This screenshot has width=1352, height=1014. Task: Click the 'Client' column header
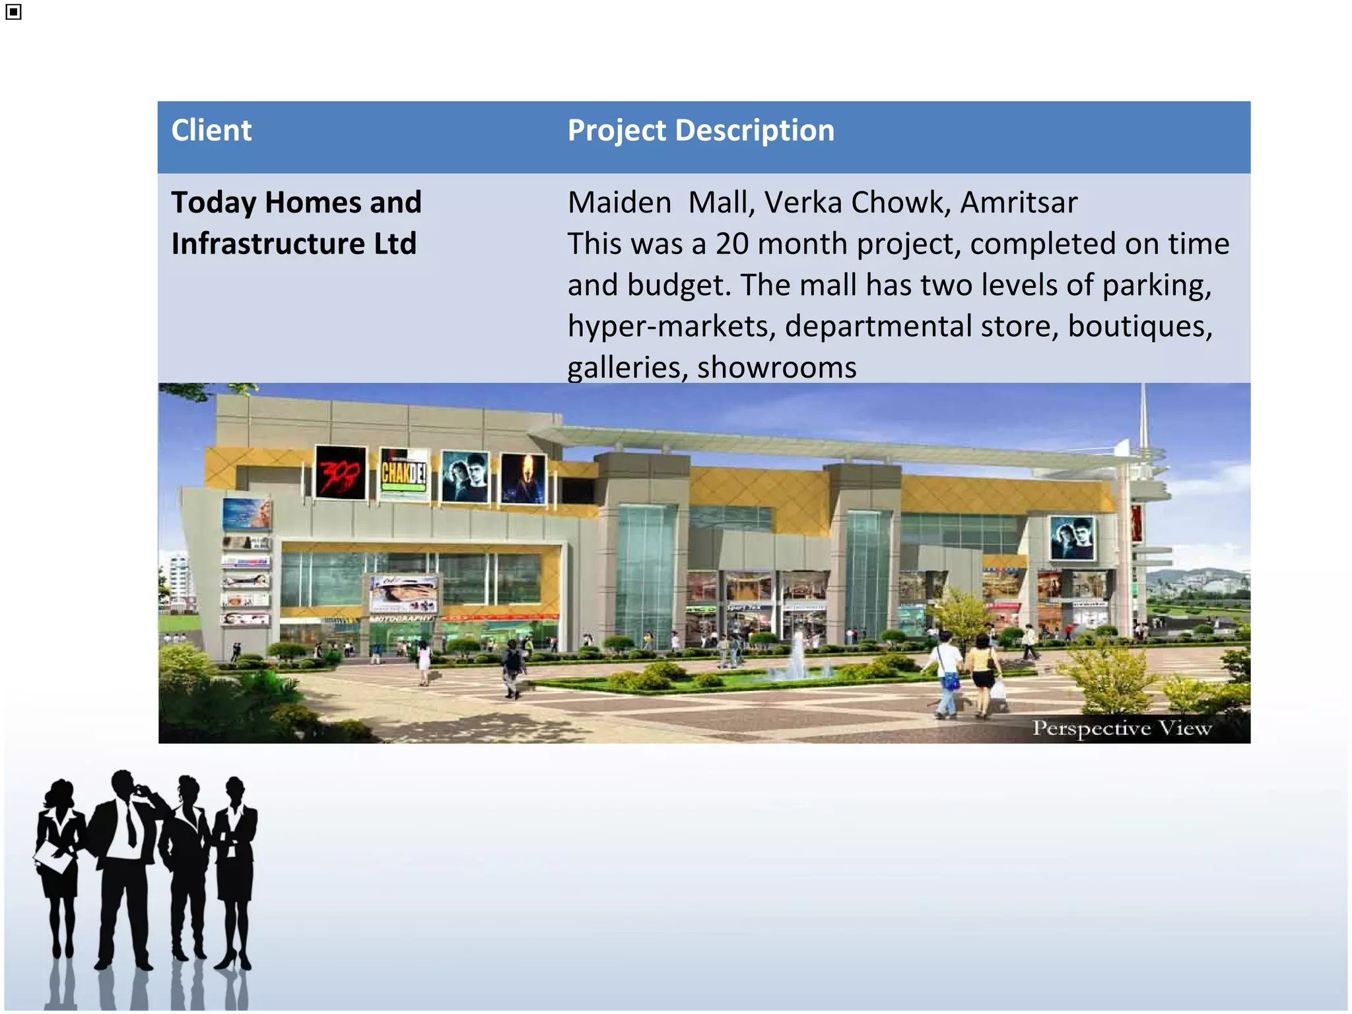point(211,131)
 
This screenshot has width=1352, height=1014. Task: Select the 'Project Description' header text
point(700,131)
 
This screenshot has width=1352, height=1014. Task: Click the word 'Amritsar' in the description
point(1019,203)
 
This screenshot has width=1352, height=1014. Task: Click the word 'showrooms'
point(776,368)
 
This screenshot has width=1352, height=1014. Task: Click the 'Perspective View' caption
point(1122,728)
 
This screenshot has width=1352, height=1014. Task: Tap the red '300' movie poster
point(341,472)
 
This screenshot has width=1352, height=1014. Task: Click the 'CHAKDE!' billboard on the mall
point(404,473)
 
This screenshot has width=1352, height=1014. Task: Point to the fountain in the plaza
point(797,656)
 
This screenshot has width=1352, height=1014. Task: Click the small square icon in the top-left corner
point(13,12)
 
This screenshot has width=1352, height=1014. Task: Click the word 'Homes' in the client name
point(309,203)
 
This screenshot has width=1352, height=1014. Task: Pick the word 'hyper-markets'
point(671,326)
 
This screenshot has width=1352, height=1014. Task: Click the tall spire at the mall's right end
point(1144,436)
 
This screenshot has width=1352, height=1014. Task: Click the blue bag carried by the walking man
point(951,680)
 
